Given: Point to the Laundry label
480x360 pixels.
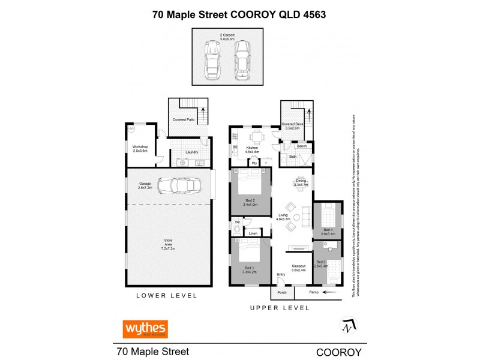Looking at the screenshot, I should point(192,152).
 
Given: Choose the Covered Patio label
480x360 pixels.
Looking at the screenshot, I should point(183,120).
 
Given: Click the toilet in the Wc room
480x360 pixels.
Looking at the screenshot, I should point(238,229).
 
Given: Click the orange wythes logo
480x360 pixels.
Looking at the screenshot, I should point(145,329).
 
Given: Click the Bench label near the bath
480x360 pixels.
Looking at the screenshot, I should point(301,146).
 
